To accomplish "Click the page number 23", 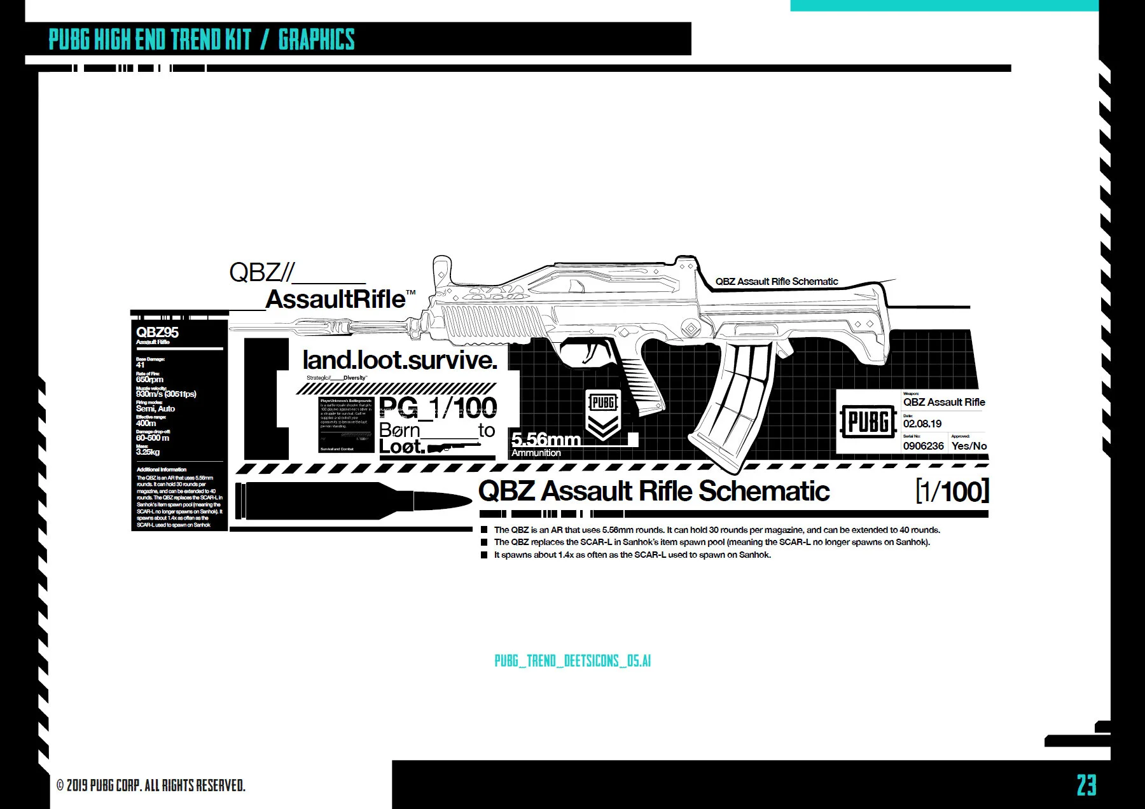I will pos(1086,785).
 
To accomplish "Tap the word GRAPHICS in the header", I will pos(316,39).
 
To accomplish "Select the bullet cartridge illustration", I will pos(353,501).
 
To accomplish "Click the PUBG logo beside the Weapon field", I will pos(868,422).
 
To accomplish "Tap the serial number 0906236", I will pos(923,446).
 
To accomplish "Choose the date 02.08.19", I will pos(922,424).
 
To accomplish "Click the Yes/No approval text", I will pos(969,446).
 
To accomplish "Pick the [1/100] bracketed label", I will pos(952,492).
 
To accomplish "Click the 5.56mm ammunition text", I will pos(546,439).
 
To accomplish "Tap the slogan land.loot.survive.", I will pos(399,360).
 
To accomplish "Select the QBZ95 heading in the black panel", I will pos(157,332).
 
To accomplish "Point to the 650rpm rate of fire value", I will pos(149,380).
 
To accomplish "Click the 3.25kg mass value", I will pos(148,452).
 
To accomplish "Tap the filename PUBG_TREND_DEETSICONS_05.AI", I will pos(572,661).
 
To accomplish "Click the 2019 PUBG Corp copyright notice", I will pos(151,785).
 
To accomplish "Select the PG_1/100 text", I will pos(438,407).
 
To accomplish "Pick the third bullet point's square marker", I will pos(485,555).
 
